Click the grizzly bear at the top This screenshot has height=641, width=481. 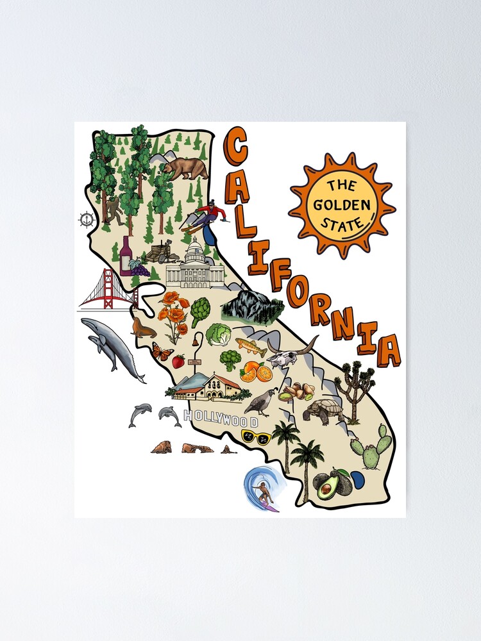pos(184,168)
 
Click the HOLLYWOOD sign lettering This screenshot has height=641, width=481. pos(221,419)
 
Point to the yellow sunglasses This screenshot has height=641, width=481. pos(256,438)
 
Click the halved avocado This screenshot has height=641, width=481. pos(326,489)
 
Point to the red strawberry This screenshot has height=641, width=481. pos(178,362)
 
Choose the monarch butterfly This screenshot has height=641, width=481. pos(162,352)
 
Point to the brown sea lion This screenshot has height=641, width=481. pos(143,328)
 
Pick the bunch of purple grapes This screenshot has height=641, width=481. pos(139,268)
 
